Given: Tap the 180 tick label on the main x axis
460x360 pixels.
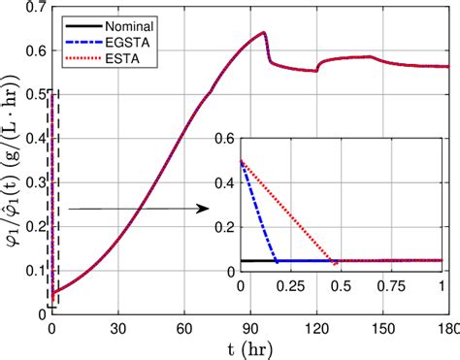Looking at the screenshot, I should [448, 328].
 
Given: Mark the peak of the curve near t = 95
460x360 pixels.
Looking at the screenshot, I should [263, 33].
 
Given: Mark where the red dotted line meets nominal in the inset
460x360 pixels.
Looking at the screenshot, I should [336, 262].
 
